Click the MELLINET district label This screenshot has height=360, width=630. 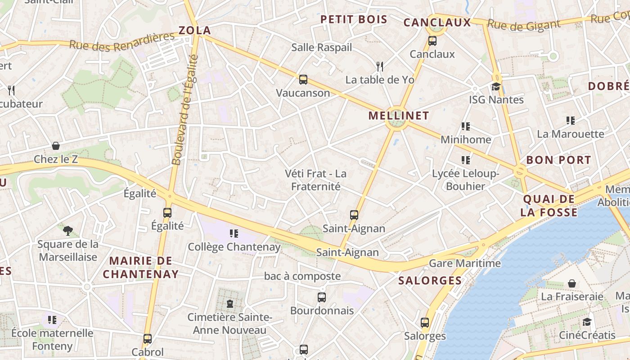pos(399,116)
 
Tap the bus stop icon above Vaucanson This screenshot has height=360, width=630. pos(303,80)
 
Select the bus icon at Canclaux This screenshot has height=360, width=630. pos(432,41)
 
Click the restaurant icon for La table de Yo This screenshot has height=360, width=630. pos(380,67)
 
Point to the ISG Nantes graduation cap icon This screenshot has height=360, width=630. pos(496,86)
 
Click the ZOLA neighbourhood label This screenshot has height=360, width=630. pos(195,31)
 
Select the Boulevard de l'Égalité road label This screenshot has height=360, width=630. pos(184,110)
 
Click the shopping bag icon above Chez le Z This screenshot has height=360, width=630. pos(56,146)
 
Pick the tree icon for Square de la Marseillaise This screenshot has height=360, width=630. pos(68,231)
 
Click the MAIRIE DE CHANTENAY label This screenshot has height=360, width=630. pos(140,267)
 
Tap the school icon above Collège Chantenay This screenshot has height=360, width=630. pos(234,233)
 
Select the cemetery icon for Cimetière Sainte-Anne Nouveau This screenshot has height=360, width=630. pos(230,304)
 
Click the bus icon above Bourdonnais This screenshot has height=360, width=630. pos(322,297)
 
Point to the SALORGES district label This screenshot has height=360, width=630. pos(430,281)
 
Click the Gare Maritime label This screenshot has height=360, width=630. pos(465,263)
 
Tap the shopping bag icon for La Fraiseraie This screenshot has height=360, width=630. pos(571,283)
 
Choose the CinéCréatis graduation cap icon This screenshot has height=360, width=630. pos(587,322)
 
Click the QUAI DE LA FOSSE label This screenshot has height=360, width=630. pos(549,206)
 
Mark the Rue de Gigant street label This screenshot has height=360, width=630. pos(524,25)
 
